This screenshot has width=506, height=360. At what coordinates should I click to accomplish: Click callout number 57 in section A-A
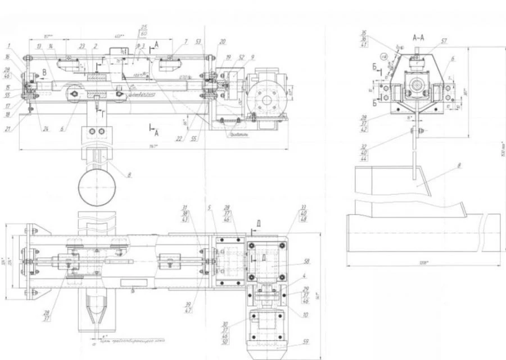tap(444, 41)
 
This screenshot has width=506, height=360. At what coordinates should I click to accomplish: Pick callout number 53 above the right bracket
tap(198, 41)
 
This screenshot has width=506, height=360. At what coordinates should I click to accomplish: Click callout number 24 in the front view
tap(47, 128)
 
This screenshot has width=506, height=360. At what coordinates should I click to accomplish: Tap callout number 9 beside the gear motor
tap(252, 57)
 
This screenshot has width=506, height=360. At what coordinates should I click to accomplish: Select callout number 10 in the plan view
tap(306, 314)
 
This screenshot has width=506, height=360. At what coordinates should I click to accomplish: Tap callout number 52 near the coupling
tap(241, 57)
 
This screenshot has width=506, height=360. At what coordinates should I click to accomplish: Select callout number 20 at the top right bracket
tap(223, 42)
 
